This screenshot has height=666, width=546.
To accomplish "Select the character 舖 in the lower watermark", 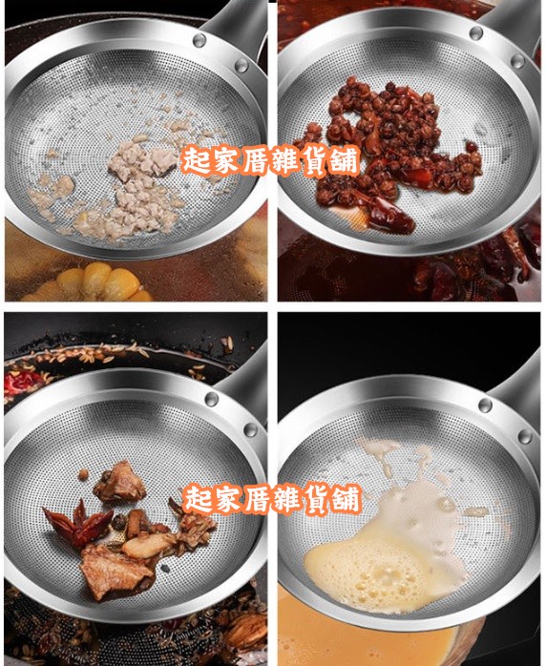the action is pos(346,498).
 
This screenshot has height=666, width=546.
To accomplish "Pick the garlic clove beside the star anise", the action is pos(148,545).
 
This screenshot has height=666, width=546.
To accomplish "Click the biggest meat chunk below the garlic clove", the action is pos(115,572).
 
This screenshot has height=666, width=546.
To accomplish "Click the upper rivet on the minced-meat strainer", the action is pos(199,40).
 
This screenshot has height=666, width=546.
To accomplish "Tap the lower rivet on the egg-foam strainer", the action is pos(525,436).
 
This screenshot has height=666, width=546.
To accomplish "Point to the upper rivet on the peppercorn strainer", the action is pos(476,32).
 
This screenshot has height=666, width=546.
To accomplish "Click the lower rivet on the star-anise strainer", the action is pos(250,429).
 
